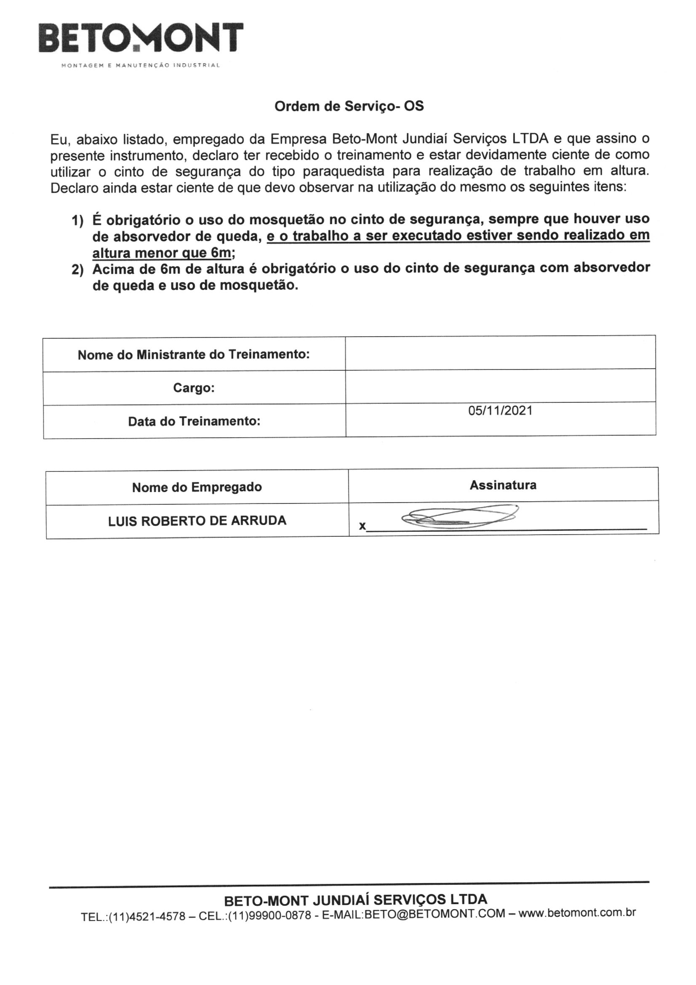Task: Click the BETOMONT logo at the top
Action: (x=141, y=38)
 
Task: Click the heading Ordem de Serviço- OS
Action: (x=349, y=106)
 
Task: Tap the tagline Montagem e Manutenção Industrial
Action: (x=141, y=66)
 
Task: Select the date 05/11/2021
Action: (x=500, y=411)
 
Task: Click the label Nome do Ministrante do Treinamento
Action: (x=193, y=355)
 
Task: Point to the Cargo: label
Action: (x=193, y=388)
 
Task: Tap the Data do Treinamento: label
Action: (x=194, y=421)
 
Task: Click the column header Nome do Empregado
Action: (x=197, y=487)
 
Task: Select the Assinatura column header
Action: (x=503, y=485)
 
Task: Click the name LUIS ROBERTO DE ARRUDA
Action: (x=197, y=520)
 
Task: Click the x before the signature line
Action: (x=363, y=526)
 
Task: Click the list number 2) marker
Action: (x=77, y=270)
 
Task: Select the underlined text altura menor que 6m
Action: (x=161, y=253)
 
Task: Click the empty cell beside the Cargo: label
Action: (x=500, y=385)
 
